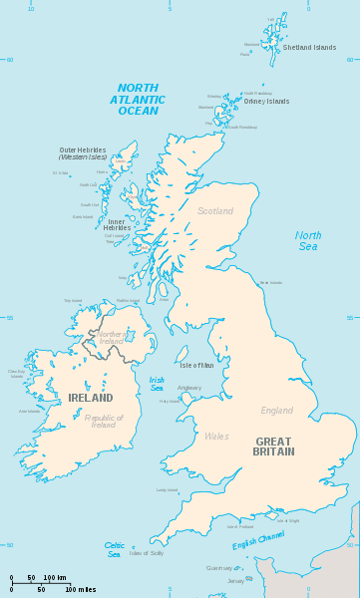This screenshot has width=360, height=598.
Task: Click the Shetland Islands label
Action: coord(309,47)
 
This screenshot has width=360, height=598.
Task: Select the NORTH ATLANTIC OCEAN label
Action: coord(139,99)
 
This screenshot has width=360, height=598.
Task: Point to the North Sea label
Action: coord(308,241)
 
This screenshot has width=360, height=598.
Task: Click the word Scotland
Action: coord(215,211)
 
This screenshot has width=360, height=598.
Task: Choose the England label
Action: coord(277,411)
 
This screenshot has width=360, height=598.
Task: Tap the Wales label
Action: coord(216,436)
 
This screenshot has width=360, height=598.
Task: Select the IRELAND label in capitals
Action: coord(91,398)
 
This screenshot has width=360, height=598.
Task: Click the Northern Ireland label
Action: coord(112,337)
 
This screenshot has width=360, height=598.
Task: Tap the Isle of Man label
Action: coord(196,366)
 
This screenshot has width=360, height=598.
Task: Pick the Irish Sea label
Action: coord(158,383)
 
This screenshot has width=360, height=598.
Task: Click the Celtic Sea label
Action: coord(115,549)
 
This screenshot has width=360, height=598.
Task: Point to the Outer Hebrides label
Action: coord(82,153)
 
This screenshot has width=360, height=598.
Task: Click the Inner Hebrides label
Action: coord(118,225)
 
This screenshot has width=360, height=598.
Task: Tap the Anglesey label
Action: coord(189,388)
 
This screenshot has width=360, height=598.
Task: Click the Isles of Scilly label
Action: coord(146,553)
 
